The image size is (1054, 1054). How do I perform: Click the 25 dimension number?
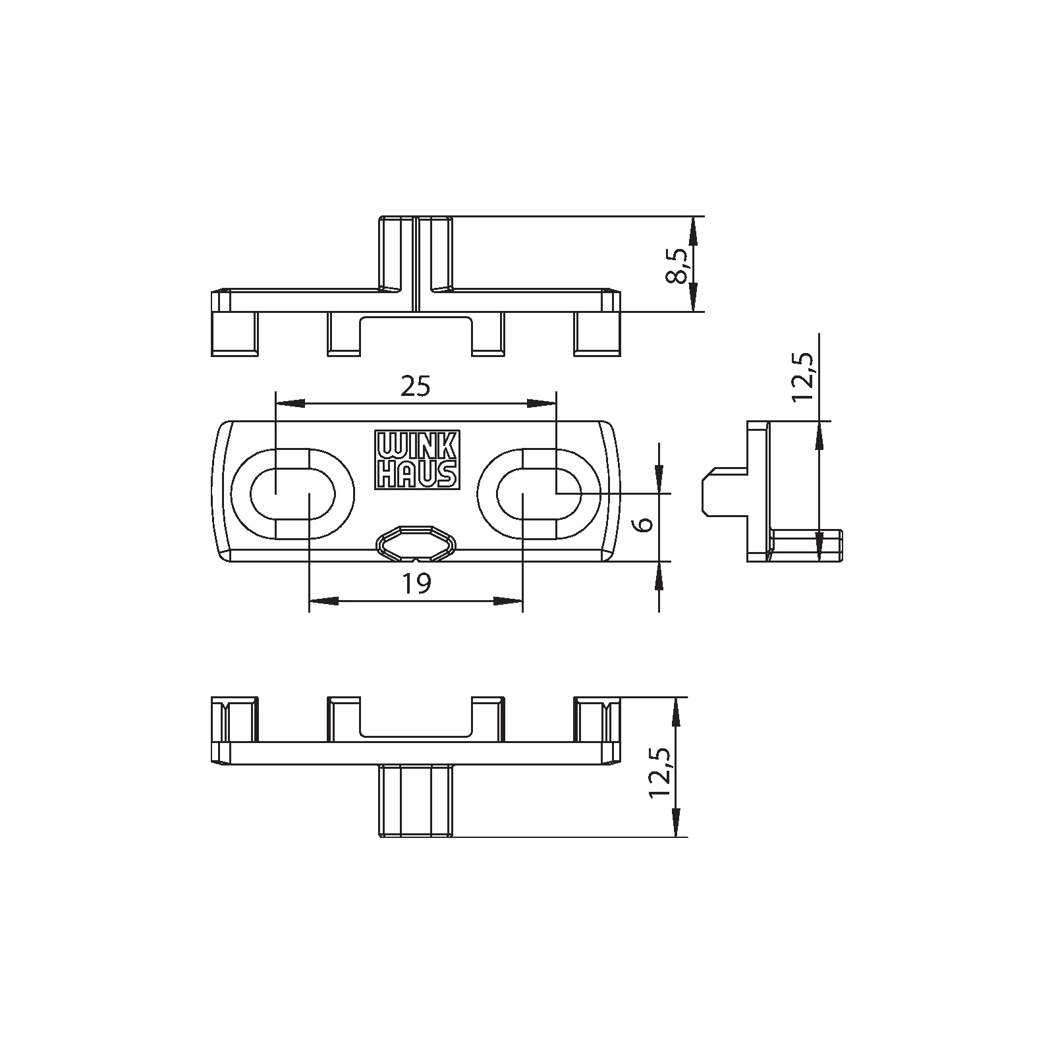[x=416, y=386]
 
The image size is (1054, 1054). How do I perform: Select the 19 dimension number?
[x=416, y=584]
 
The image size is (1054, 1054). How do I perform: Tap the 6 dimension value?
[x=646, y=523]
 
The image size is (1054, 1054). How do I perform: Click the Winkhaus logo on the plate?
[x=416, y=460]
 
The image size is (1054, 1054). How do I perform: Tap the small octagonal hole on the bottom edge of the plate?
[x=416, y=543]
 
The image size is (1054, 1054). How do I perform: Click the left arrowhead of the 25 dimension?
[x=291, y=402]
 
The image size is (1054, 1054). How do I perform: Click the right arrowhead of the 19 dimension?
[x=508, y=601]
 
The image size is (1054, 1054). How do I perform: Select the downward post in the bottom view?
[x=416, y=801]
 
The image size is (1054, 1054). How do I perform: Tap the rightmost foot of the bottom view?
[x=597, y=719]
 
